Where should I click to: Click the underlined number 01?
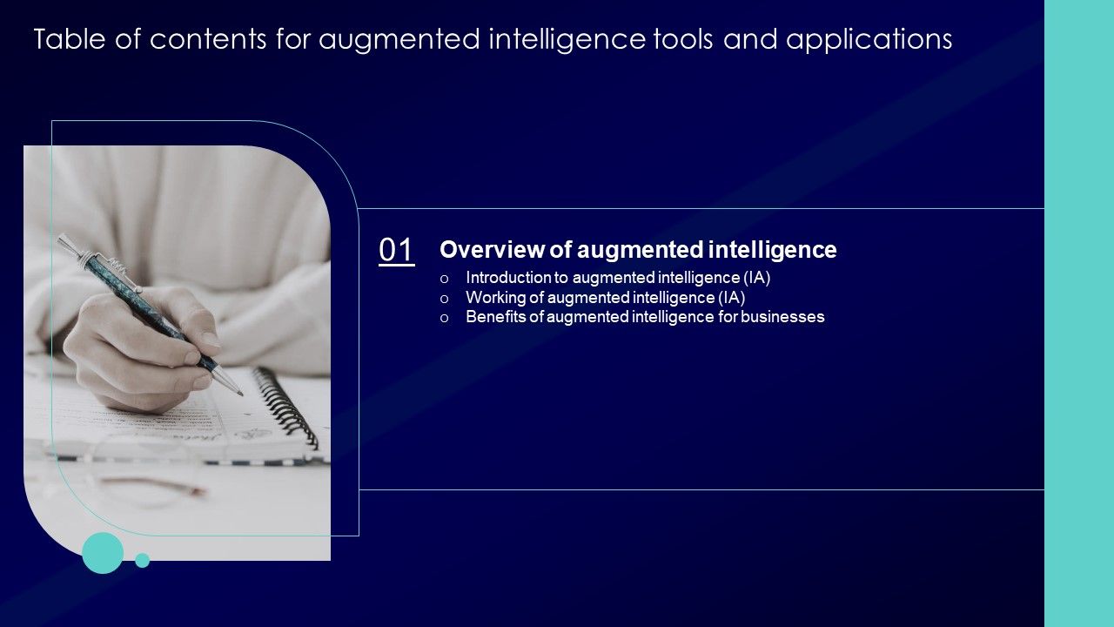coord(397,251)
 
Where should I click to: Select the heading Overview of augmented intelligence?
coord(638,250)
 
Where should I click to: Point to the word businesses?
coord(782,317)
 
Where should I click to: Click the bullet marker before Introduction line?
coord(445,279)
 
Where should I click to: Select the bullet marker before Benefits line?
coord(445,318)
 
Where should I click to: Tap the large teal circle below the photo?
coord(103,553)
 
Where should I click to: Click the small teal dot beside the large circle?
coord(143,560)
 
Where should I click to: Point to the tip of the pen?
coord(240,394)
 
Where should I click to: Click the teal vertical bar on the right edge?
coord(1079,313)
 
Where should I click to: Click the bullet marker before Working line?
coord(445,299)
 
